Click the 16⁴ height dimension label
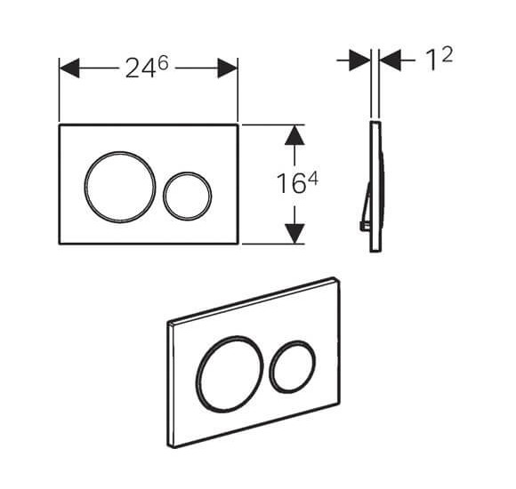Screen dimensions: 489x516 point(294,183)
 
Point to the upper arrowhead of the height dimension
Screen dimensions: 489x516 point(294,136)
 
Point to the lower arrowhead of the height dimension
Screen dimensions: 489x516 point(294,232)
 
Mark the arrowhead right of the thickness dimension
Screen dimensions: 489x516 point(392,60)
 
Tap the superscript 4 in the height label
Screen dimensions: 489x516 point(313,177)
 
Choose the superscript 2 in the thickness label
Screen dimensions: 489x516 point(447,54)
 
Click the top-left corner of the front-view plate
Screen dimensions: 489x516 point(60,125)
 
